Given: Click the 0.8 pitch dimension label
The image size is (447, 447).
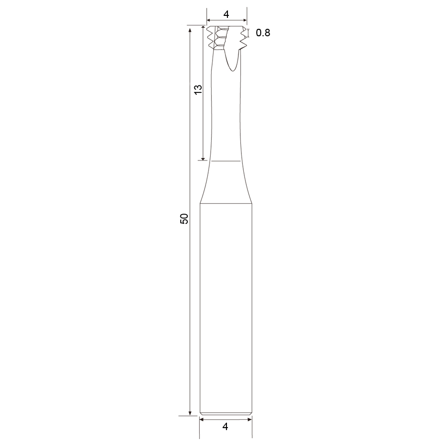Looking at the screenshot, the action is pos(263,33).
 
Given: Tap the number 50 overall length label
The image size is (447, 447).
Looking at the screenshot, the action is pos(184,219).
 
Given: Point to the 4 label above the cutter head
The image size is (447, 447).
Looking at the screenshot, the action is pos(226,14).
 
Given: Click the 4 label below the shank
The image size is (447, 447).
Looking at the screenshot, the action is pos(225,427).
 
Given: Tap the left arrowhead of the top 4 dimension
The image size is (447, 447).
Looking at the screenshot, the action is pos(209,20).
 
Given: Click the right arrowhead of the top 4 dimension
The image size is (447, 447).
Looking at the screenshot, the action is pos(244,20).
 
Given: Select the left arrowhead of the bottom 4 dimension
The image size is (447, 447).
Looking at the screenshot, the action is pos(202,419).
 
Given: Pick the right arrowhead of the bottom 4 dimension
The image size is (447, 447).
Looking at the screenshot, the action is pos(249,419).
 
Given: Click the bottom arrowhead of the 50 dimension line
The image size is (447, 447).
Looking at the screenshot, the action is pos(190,413).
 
